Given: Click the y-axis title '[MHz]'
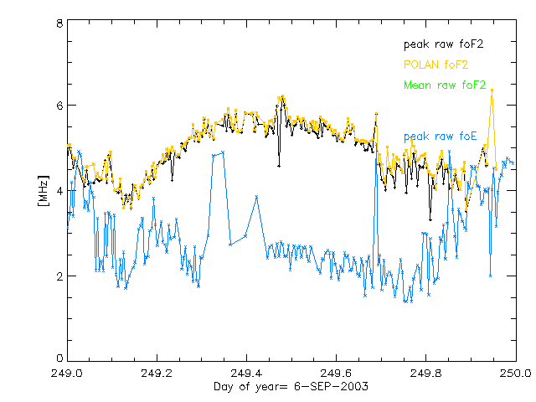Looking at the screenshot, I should [x=44, y=192].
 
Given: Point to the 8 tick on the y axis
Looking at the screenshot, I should [x=59, y=24].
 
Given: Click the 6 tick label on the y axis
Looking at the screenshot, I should [x=59, y=106].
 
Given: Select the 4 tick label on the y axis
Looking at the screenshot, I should [x=59, y=191].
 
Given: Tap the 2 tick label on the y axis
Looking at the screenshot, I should [x=59, y=276].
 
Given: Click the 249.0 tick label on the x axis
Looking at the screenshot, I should [x=67, y=373].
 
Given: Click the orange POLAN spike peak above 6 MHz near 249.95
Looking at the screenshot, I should [x=492, y=89].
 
